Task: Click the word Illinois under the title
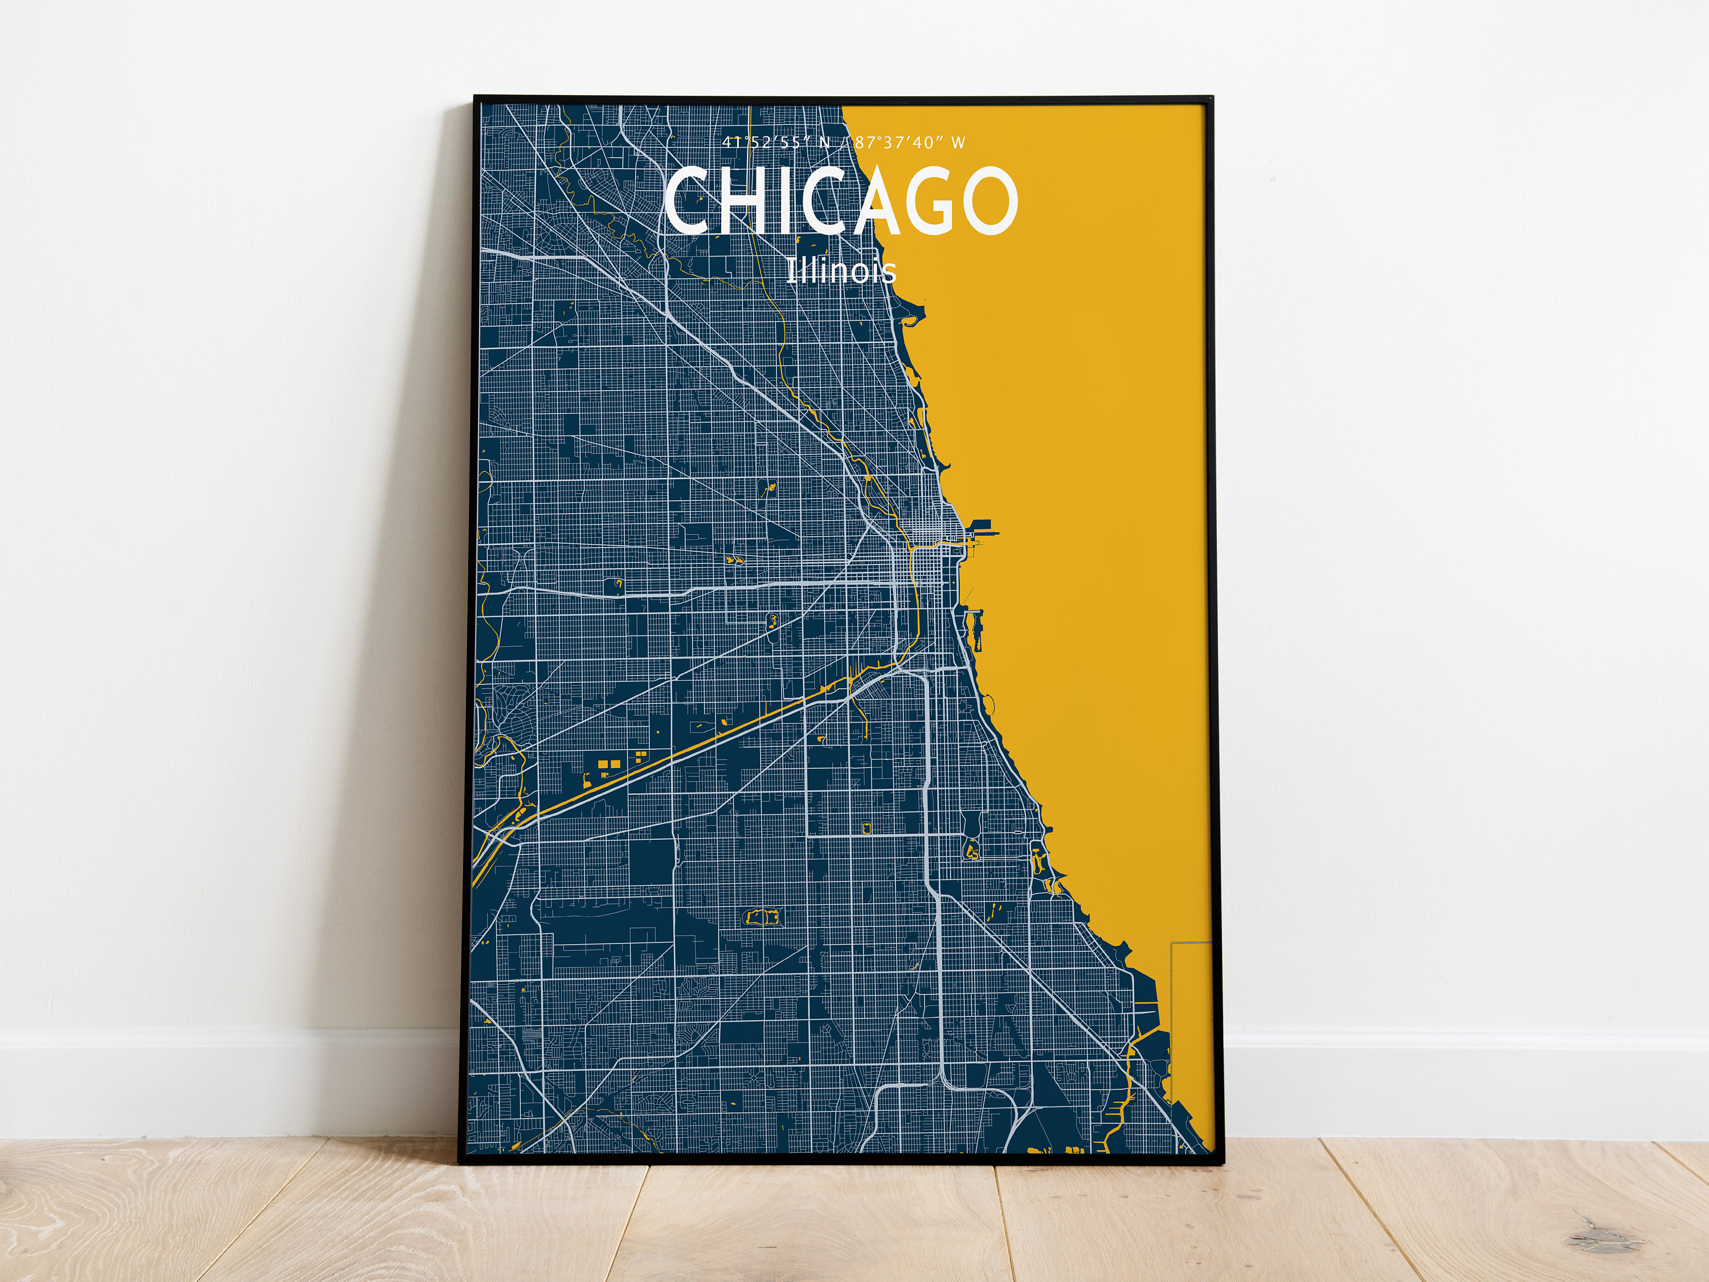pos(841,271)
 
